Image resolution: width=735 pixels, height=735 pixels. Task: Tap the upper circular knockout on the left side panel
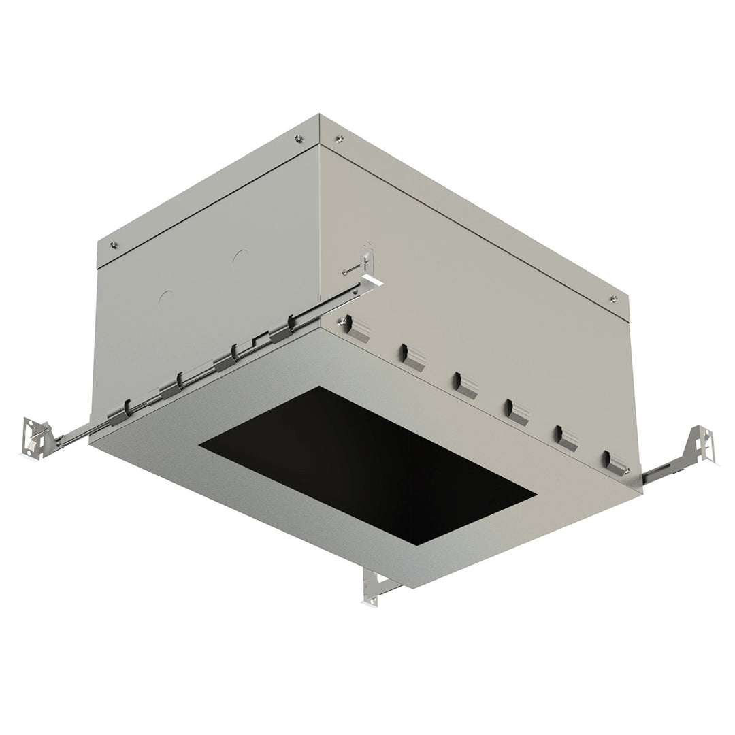pyautogui.click(x=239, y=258)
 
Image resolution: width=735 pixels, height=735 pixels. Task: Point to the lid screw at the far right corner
pyautogui.click(x=614, y=297)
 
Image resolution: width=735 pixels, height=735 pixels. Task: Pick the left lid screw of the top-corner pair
pyautogui.click(x=298, y=139)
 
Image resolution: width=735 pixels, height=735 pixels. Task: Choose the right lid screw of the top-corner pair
pyautogui.click(x=339, y=140)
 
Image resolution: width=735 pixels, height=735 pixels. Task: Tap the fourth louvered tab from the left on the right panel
pyautogui.click(x=517, y=411)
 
